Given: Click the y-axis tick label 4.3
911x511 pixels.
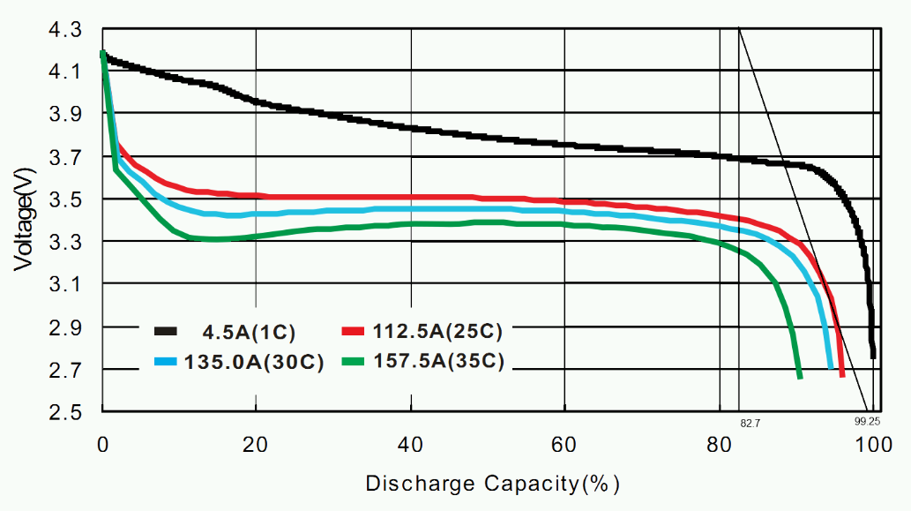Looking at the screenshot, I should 66,29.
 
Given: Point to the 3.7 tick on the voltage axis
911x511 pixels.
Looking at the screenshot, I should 66,157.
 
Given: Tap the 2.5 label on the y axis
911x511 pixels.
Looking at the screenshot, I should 66,412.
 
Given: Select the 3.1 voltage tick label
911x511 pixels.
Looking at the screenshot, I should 66,284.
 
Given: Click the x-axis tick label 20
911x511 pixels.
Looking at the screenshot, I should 256,446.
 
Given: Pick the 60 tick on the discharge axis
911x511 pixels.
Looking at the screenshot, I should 564,446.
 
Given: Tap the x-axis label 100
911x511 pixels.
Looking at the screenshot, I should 874,446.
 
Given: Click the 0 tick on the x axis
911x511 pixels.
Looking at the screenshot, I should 102,446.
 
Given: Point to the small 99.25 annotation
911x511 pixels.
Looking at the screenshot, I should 868,422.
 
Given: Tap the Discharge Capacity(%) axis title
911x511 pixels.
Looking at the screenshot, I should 493,484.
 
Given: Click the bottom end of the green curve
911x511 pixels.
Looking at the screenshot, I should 800,377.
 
